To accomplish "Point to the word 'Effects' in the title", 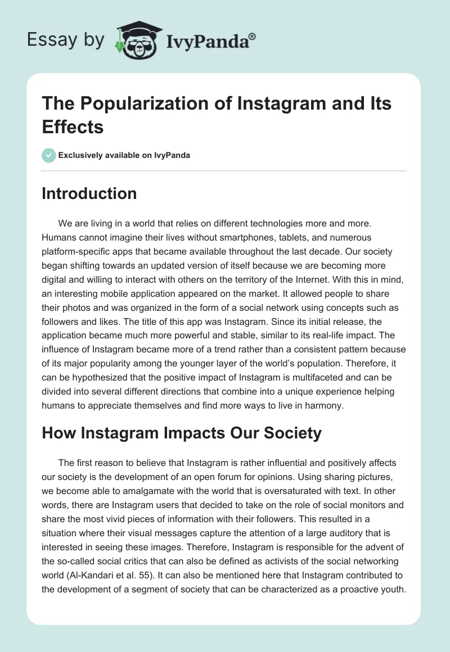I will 73,127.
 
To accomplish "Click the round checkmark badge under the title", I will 49,155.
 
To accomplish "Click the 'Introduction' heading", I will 89,194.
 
